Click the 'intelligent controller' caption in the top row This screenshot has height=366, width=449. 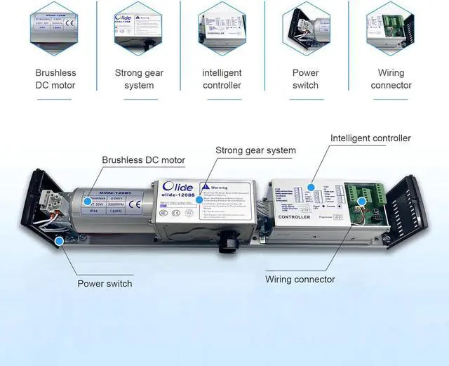click(222, 79)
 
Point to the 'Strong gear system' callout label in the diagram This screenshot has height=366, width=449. click(255, 150)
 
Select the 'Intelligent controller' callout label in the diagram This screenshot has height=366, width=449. click(370, 138)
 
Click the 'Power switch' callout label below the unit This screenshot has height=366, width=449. click(105, 284)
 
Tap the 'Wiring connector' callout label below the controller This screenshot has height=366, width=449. click(300, 279)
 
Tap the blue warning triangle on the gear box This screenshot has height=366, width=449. click(204, 188)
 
